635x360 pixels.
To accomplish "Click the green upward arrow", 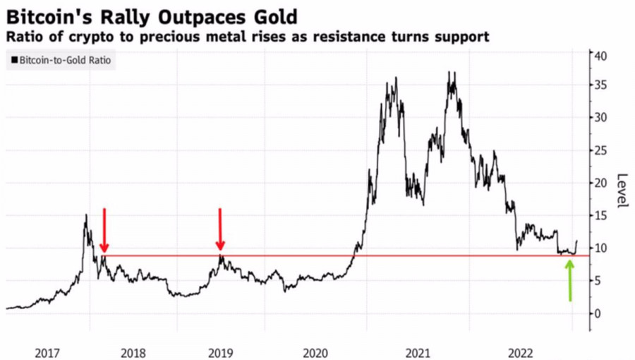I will coord(570,280).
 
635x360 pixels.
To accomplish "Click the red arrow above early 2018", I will coord(104,230).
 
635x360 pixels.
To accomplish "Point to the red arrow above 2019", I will coord(220,229).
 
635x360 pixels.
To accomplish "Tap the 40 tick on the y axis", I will coord(600,56).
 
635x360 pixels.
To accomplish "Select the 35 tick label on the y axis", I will coord(600,85).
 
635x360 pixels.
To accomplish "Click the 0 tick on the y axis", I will coord(598,313).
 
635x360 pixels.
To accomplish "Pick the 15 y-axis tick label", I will coord(600,215).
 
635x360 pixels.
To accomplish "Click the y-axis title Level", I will coord(622,191).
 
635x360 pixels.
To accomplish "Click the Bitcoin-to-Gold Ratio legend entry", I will coord(65,61).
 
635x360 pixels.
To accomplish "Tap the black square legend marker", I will coord(14,61).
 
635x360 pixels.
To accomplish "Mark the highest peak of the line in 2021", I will coord(451,72).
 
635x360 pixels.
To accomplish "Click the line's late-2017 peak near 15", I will coord(86,215).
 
